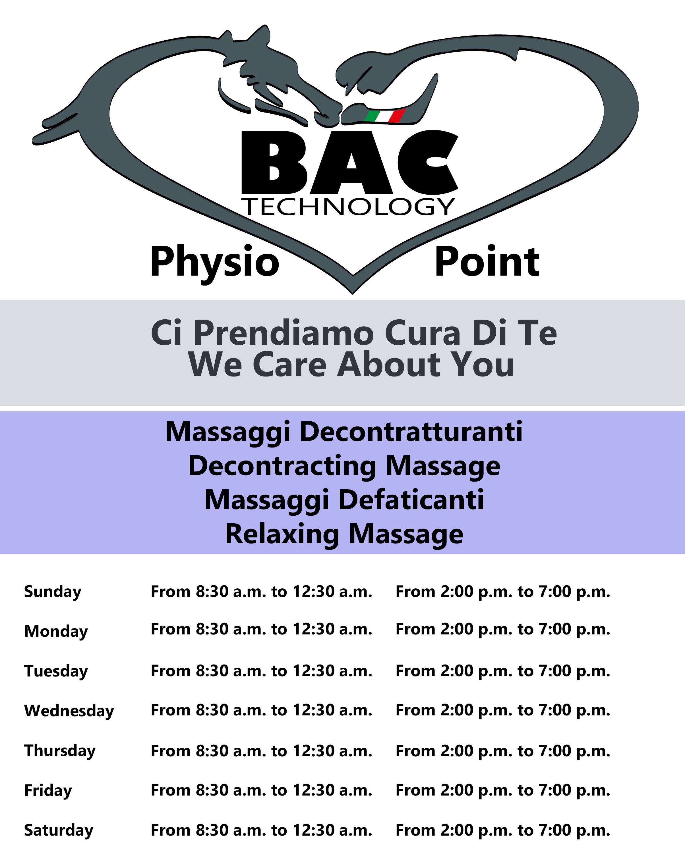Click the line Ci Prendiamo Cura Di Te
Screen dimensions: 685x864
coord(354,333)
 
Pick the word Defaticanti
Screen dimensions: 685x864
coord(411,500)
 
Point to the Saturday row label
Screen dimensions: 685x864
coord(59,830)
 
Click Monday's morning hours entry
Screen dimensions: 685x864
coord(262,629)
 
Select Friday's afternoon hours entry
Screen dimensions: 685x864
coord(503,790)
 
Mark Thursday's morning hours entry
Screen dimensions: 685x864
coord(262,751)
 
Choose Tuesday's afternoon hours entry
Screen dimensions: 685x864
coord(503,671)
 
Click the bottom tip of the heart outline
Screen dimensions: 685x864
coord(353,294)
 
